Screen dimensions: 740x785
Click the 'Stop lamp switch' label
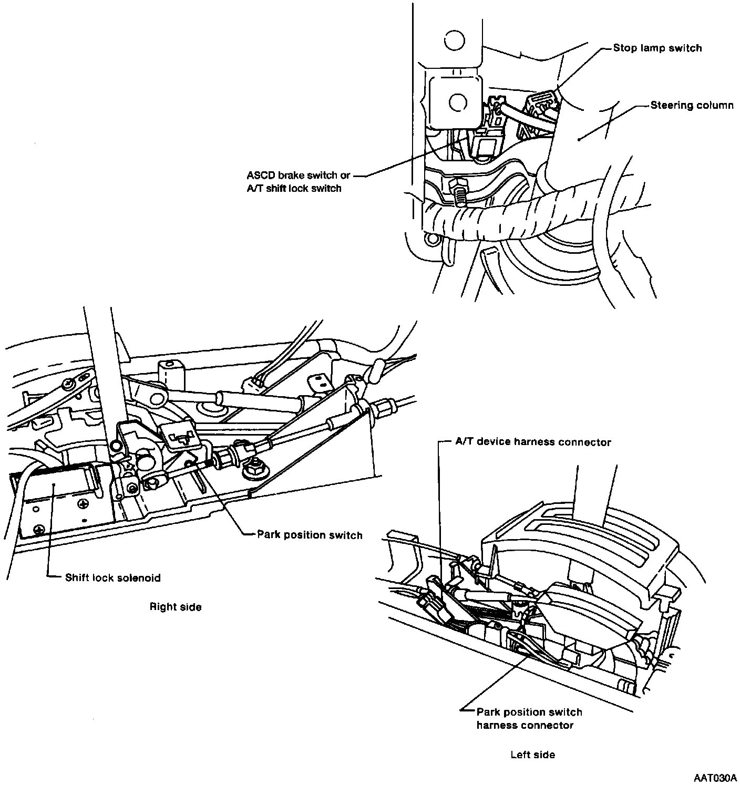[x=657, y=48]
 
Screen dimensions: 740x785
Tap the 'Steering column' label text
[x=692, y=106]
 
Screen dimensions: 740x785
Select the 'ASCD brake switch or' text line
[x=299, y=175]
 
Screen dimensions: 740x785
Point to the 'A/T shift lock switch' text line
[x=294, y=189]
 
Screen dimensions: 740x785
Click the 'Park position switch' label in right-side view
[x=310, y=535]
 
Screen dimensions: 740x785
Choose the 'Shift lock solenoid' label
[x=112, y=578]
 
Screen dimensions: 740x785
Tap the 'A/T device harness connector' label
[x=533, y=442]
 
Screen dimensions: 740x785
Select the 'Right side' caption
[x=176, y=607]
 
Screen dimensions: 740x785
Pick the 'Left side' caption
[x=533, y=755]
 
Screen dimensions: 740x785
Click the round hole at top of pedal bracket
[x=454, y=39]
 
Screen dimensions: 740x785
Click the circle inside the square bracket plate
[x=458, y=102]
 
